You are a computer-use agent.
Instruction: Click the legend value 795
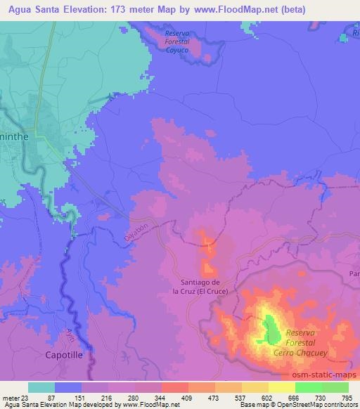pos(346,397)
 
